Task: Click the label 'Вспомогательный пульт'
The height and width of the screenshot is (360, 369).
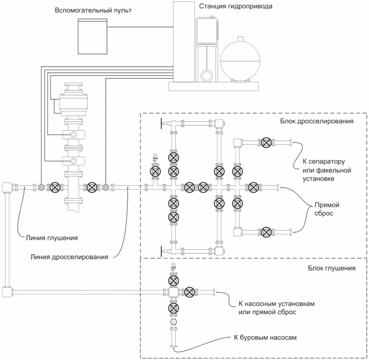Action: [x=93, y=11]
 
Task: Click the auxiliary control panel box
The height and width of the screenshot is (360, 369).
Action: [x=93, y=37]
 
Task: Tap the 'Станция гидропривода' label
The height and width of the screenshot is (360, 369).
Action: [x=236, y=6]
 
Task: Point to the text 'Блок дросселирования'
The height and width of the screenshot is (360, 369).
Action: [x=317, y=121]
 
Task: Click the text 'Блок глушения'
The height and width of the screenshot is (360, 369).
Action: [x=331, y=268]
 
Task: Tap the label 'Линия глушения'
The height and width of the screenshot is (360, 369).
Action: [x=51, y=238]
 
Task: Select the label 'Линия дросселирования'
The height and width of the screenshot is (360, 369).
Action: [x=69, y=257]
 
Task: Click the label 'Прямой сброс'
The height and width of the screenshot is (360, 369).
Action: [x=327, y=209]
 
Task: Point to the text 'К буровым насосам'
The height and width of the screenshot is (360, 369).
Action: [x=265, y=337]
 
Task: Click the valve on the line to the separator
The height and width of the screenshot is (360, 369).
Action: [x=266, y=142]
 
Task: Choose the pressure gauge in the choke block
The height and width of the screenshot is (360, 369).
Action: [x=155, y=156]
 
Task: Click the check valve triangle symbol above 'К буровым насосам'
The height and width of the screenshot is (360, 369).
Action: [x=174, y=322]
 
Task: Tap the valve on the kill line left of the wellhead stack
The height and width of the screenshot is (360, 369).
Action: [x=55, y=187]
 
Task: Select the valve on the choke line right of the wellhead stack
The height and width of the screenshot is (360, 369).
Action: [x=92, y=187]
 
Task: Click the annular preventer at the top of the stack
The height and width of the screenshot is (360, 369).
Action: [x=73, y=104]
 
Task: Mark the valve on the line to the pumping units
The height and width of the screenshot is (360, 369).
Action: [x=190, y=292]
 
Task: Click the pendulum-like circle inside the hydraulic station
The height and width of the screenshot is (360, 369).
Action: [x=207, y=76]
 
